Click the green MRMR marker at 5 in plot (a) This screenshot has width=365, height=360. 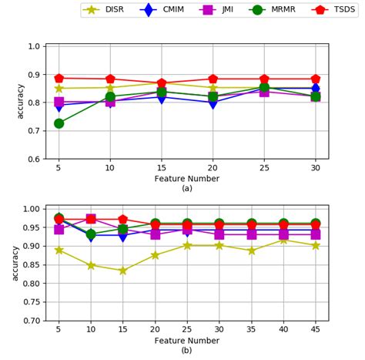coord(59,123)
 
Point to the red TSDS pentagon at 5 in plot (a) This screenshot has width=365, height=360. coord(59,78)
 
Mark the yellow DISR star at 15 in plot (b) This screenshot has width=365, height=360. coord(123,271)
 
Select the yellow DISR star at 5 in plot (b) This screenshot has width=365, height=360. coord(59,250)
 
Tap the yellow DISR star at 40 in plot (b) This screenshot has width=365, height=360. coord(283,240)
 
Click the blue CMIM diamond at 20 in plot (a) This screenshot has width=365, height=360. coord(213,103)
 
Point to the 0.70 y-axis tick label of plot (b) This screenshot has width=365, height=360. coord(33,321)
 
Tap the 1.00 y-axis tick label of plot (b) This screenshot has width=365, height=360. coord(33,209)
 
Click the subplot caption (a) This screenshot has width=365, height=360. coord(187,189)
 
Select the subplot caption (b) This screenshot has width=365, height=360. coord(187,352)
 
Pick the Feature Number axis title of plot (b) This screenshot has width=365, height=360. coord(187,341)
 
